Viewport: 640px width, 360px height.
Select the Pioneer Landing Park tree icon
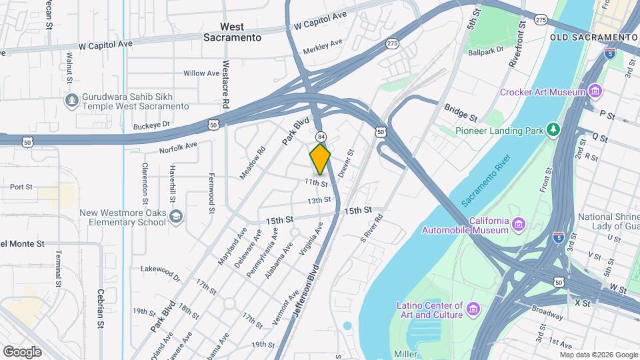(553, 130)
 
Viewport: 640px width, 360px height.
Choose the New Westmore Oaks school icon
(175, 217)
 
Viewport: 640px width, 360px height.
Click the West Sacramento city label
(232, 32)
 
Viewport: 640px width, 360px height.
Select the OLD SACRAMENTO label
(594, 37)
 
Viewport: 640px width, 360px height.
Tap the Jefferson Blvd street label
(305, 293)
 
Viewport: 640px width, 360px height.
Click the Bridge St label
(461, 109)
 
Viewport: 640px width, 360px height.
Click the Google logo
(23, 351)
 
